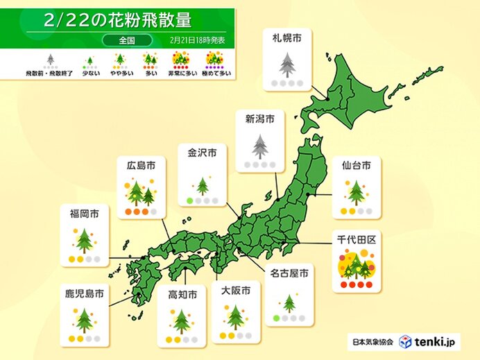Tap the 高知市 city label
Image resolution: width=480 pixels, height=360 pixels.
pos(182,295)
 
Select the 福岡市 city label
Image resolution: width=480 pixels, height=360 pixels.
pos(84,214)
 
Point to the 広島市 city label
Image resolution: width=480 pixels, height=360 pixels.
pos(141,165)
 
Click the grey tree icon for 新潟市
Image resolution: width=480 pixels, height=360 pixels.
pos(259,146)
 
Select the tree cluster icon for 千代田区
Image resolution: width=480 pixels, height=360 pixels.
pos(356,264)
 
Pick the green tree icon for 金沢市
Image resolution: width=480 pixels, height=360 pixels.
pos(203,185)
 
